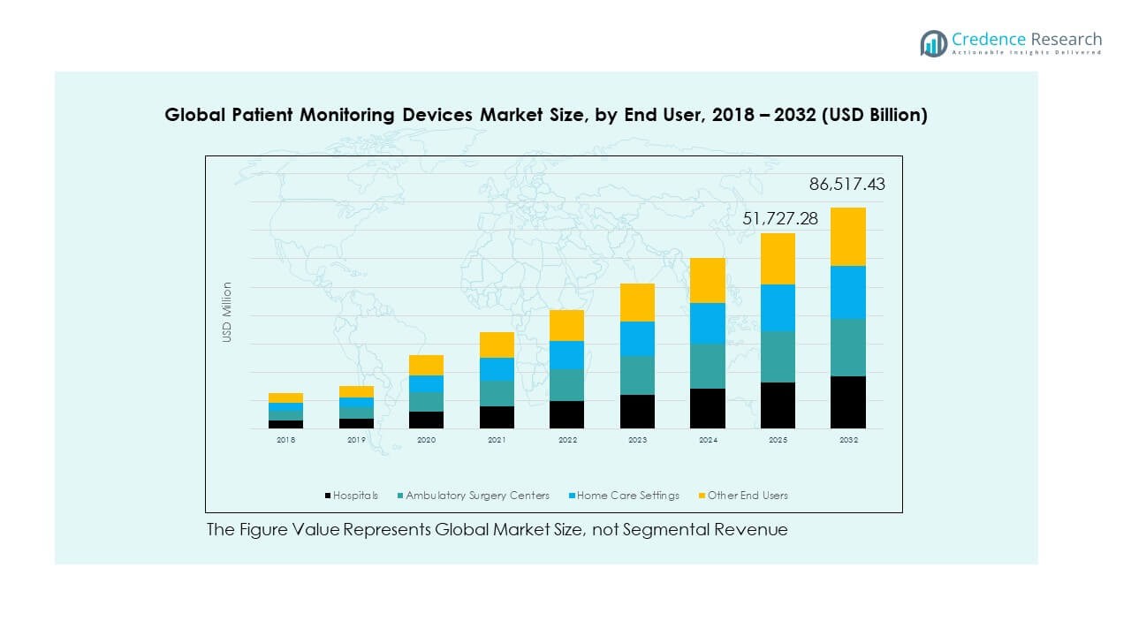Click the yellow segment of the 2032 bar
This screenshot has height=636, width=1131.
tap(848, 237)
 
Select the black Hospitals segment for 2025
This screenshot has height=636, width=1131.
tap(778, 405)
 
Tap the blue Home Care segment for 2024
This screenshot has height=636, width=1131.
tap(708, 323)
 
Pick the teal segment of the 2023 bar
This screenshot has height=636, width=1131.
tap(637, 375)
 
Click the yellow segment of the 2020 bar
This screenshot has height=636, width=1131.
tap(427, 365)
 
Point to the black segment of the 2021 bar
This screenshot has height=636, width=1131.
tap(497, 418)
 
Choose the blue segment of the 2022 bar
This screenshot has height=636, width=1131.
tap(567, 355)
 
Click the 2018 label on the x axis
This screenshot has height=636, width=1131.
tap(286, 439)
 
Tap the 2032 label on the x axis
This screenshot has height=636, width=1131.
tap(848, 439)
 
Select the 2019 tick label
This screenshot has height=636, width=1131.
tap(356, 439)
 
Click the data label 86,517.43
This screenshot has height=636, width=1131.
tap(846, 185)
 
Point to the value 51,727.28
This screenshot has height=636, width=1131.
tap(780, 218)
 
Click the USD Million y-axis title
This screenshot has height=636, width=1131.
tap(227, 312)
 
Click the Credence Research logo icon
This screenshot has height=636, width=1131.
tap(933, 43)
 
